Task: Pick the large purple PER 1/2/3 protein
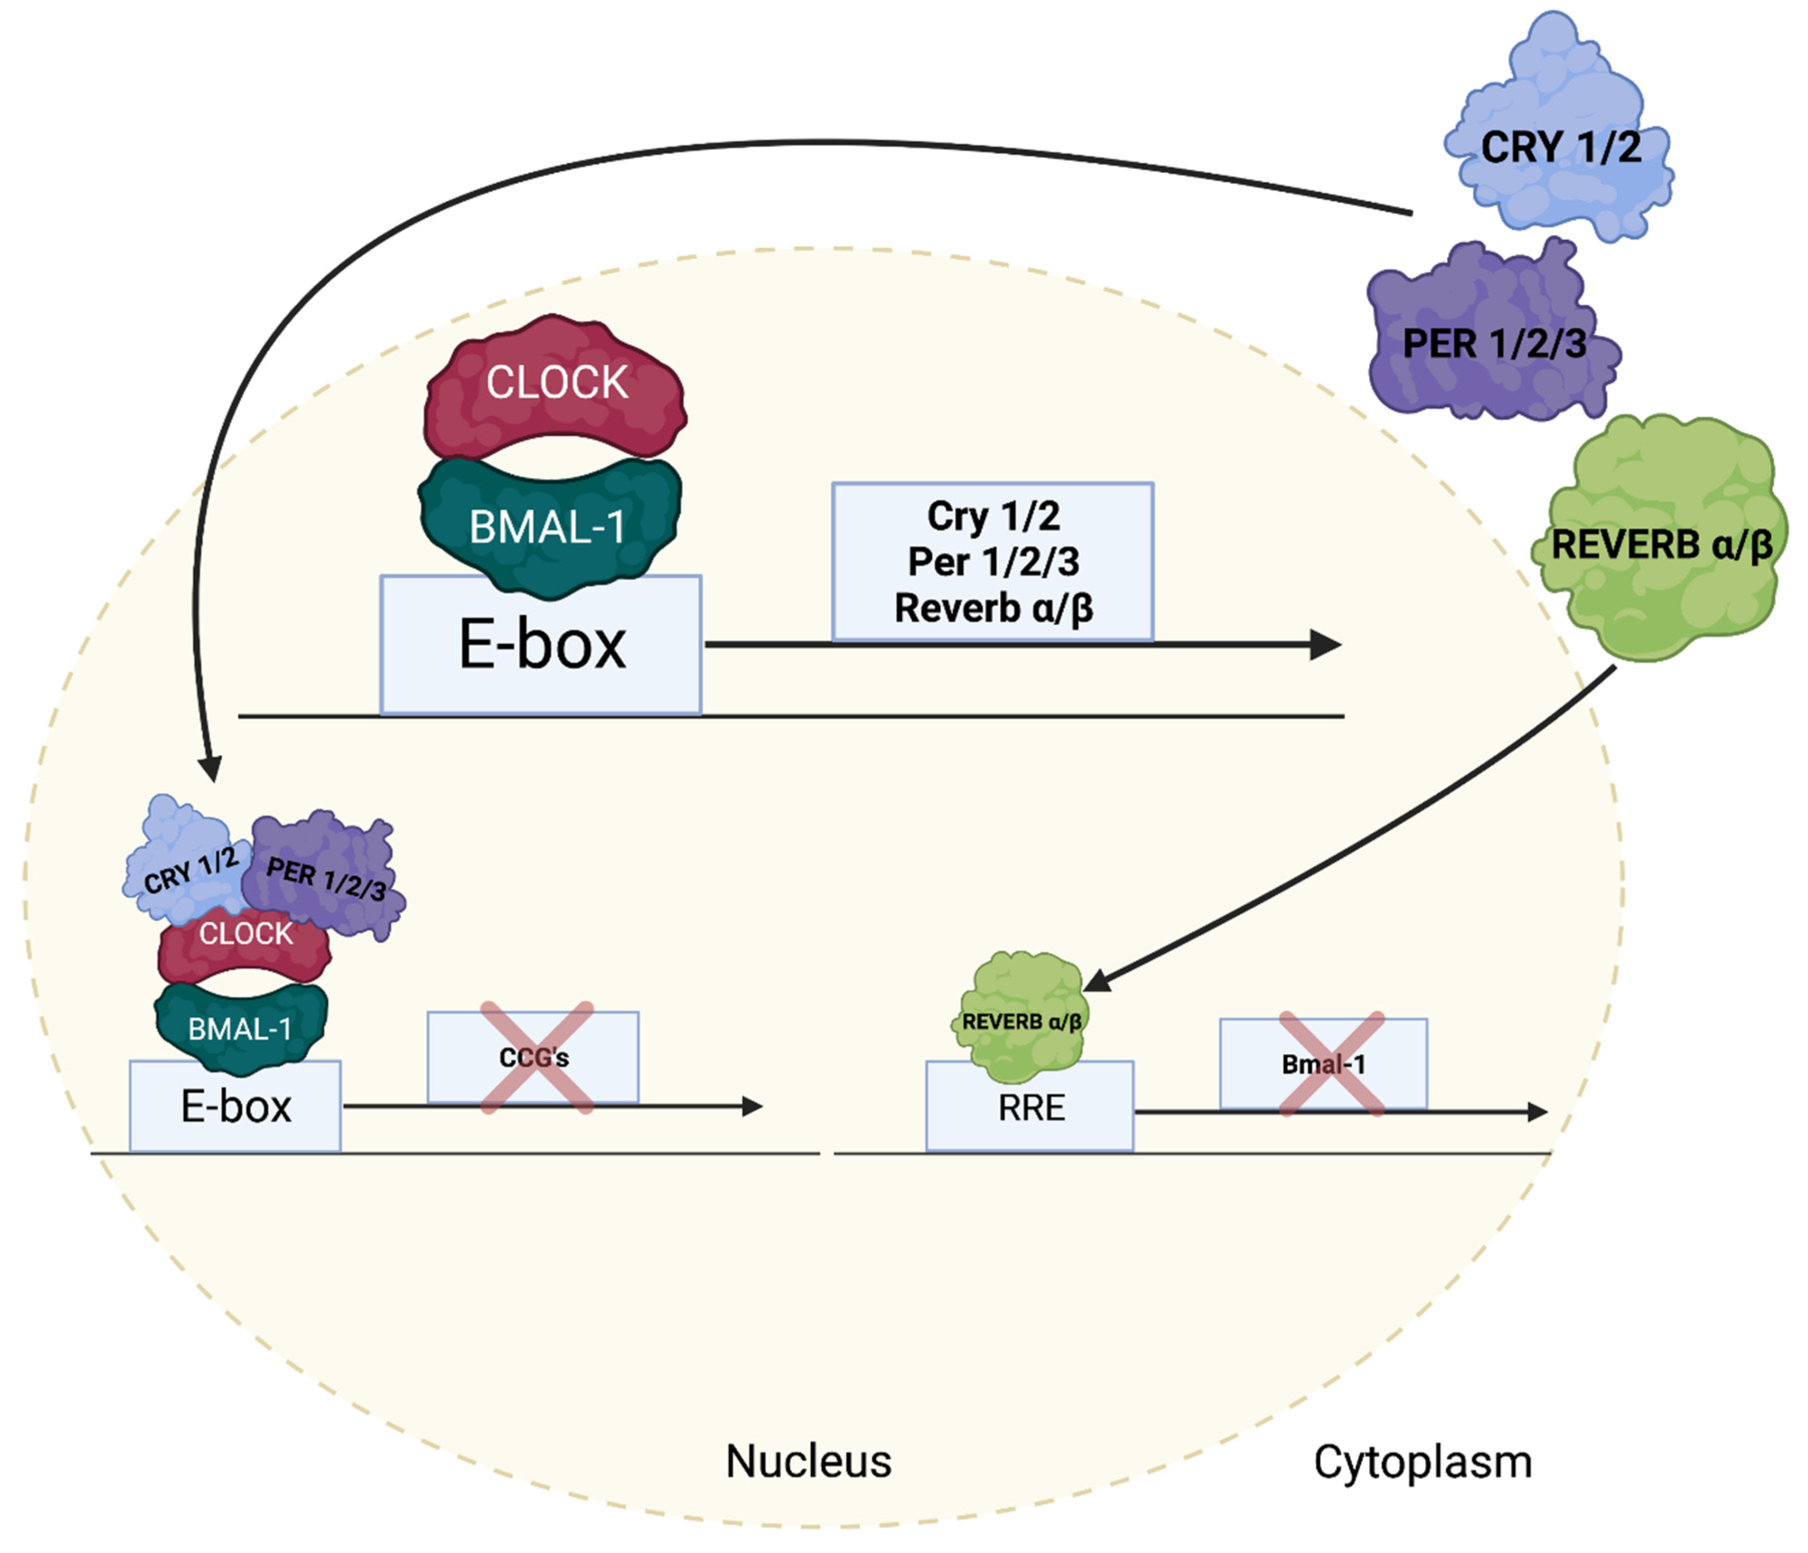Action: [x=1492, y=340]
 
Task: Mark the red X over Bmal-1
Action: [x=1332, y=1064]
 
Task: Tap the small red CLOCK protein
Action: [x=245, y=947]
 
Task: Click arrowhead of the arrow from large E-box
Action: [x=1327, y=645]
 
